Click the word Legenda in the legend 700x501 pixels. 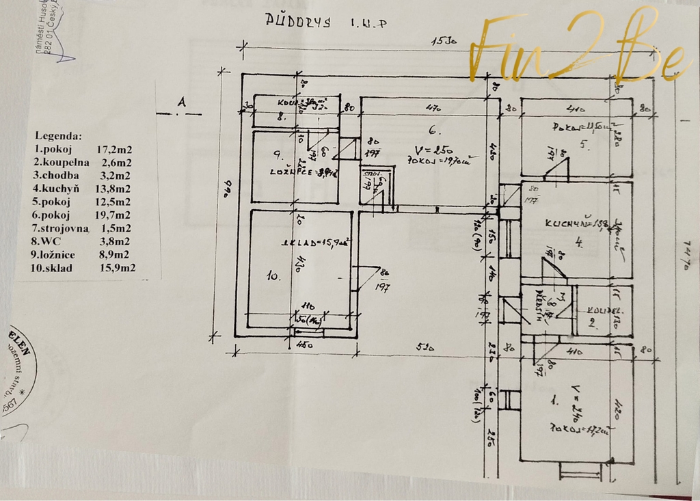(x=59, y=136)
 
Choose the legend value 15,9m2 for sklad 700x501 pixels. (x=117, y=268)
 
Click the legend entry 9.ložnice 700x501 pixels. (x=59, y=254)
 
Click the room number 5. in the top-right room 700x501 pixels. (x=584, y=144)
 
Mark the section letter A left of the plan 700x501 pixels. (x=181, y=102)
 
